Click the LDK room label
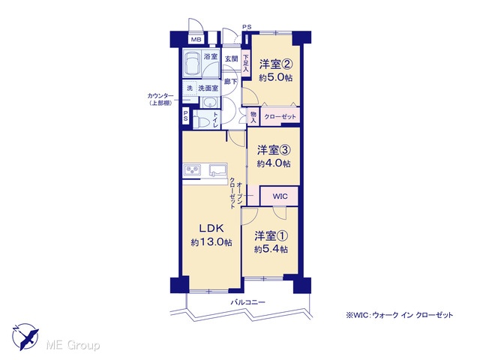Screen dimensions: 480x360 (x=211, y=228)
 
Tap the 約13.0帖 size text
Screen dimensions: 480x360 (x=211, y=242)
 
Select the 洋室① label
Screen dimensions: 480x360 (x=271, y=236)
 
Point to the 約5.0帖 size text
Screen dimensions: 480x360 (x=276, y=78)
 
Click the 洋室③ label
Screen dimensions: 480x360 (x=274, y=150)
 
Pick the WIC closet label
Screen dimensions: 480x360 (x=280, y=196)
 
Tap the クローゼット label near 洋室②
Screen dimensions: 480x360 (x=280, y=117)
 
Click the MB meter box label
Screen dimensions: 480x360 (x=196, y=40)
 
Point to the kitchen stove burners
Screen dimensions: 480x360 (x=192, y=169)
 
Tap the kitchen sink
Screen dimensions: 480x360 (x=218, y=170)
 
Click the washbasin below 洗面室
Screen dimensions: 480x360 (x=210, y=103)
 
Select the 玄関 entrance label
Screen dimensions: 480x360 (x=231, y=58)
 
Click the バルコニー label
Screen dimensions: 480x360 (x=247, y=302)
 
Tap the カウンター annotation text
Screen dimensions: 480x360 (x=160, y=96)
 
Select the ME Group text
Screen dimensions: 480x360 (x=73, y=346)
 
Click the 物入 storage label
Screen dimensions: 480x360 (x=253, y=117)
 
